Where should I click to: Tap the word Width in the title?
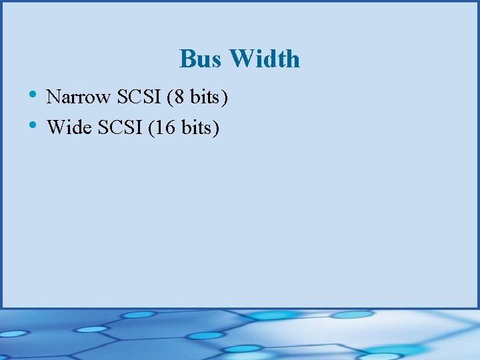pyautogui.click(x=265, y=59)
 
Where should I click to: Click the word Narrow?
pyautogui.click(x=79, y=97)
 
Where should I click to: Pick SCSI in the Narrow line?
pyautogui.click(x=139, y=97)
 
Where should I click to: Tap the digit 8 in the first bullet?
pyautogui.click(x=178, y=97)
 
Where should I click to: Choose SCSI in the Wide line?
pyautogui.click(x=121, y=127)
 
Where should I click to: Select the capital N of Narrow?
pyautogui.click(x=53, y=97)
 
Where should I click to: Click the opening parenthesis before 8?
pyautogui.click(x=170, y=98)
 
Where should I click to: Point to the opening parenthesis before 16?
pyautogui.click(x=152, y=127)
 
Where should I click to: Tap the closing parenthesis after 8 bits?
pyautogui.click(x=225, y=98)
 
